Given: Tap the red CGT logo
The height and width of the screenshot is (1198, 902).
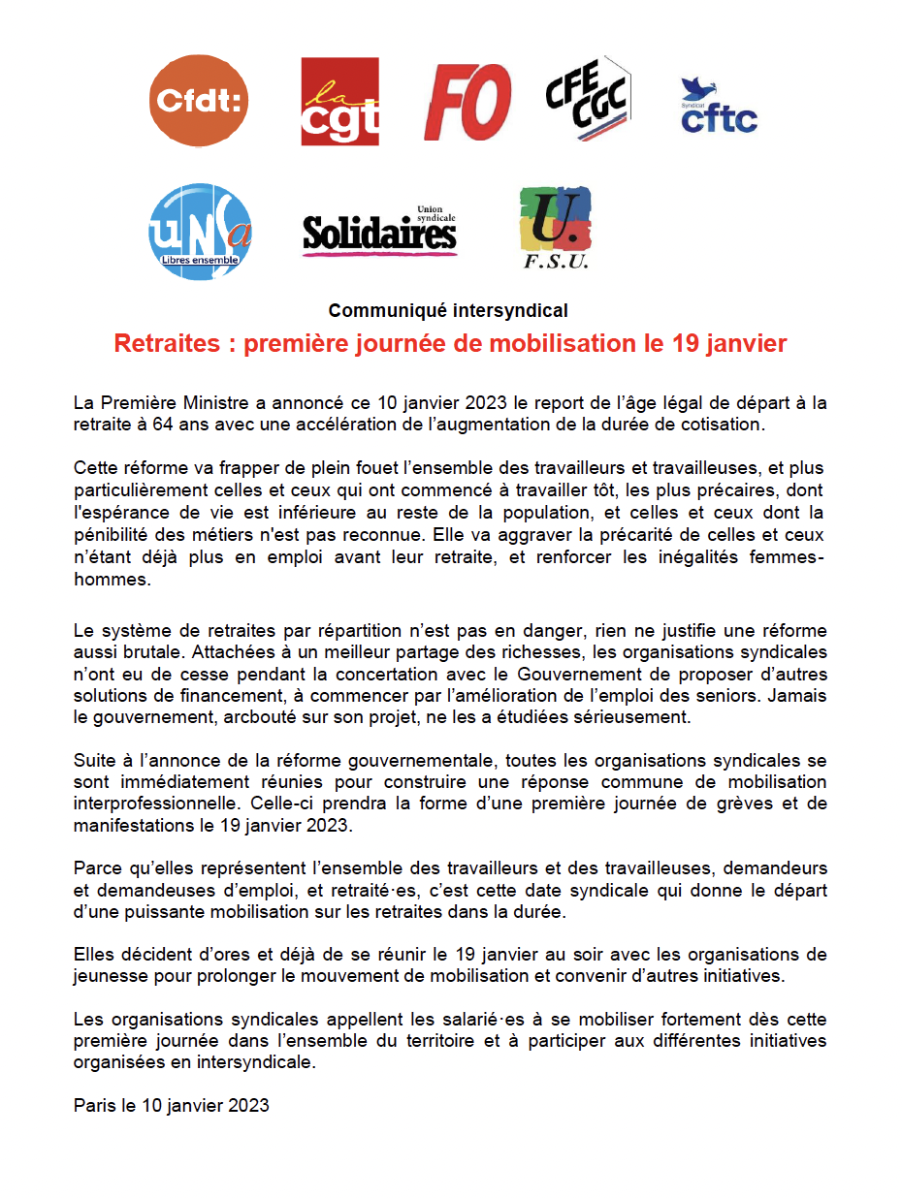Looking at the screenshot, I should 339,101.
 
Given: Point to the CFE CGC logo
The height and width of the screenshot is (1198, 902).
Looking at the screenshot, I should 588,99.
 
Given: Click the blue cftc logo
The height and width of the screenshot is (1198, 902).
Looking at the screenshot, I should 719,106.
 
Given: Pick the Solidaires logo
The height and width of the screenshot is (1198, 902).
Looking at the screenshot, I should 379,232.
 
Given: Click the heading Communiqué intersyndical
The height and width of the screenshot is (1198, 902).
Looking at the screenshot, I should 448,311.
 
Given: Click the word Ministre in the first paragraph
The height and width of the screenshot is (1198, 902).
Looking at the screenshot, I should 216,402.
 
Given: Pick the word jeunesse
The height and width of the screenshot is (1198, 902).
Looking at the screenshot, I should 110,976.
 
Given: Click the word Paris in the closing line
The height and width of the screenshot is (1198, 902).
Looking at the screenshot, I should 94,1105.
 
